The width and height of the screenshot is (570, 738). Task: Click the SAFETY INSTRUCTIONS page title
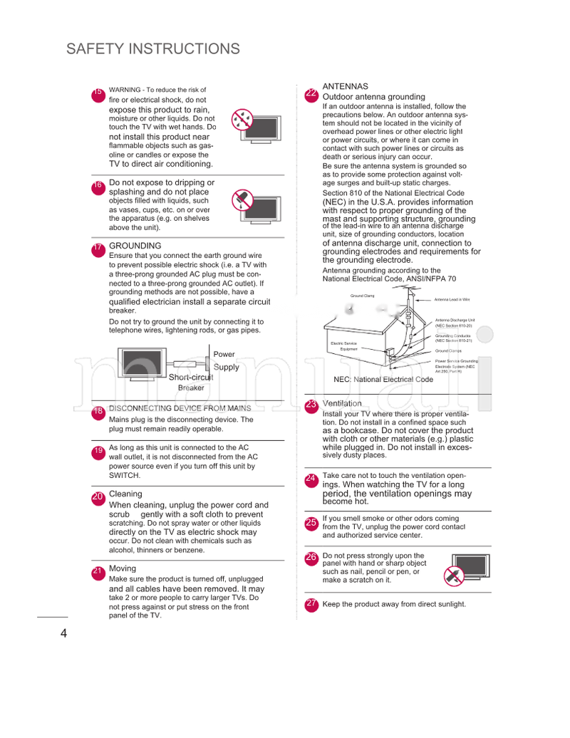pos(153,49)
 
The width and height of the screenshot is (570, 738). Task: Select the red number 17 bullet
pos(98,249)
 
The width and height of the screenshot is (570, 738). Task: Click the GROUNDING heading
pos(135,246)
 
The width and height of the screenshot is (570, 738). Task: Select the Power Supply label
pos(226,360)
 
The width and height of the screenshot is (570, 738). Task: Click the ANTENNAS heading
pos(346,86)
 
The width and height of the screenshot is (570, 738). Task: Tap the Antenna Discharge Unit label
pos(455,323)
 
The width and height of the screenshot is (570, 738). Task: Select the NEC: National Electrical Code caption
pos(383,380)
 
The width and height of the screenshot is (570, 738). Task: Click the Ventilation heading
pos(342,404)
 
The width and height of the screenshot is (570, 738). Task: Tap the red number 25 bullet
pos(311,524)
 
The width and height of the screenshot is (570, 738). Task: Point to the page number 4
pos(64,634)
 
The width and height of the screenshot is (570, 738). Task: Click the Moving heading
pos(122,568)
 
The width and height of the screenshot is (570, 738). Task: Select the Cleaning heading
pos(125,494)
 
